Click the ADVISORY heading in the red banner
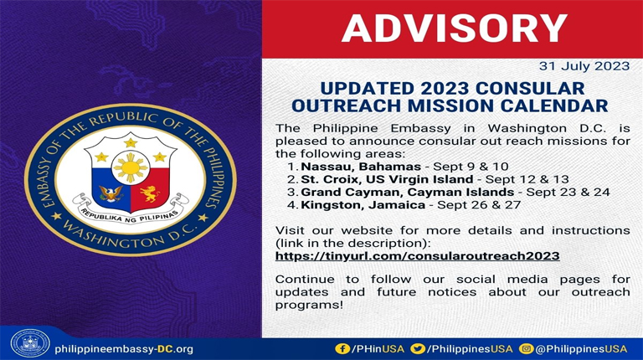[454, 29]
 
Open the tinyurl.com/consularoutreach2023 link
[417, 255]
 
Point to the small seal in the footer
[28, 344]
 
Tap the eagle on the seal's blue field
[111, 194]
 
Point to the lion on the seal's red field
[151, 194]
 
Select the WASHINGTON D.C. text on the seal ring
[131, 244]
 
